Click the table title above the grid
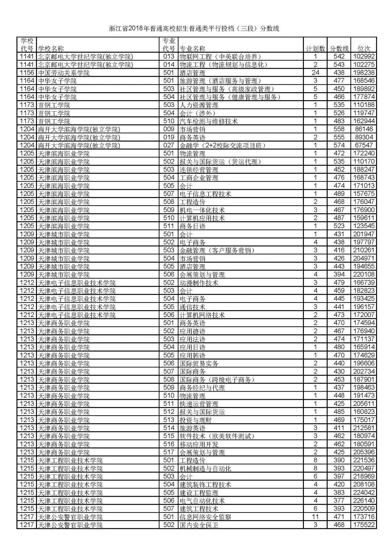coord(194,29)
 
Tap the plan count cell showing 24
coord(315,73)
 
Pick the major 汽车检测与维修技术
coord(209,121)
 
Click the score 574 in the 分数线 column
coord(339,145)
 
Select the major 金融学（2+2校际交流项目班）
coord(223,145)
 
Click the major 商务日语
coord(192,226)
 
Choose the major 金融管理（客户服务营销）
coord(217,250)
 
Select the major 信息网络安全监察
coord(205,517)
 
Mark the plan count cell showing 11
coord(315,517)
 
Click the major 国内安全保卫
coord(199,525)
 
